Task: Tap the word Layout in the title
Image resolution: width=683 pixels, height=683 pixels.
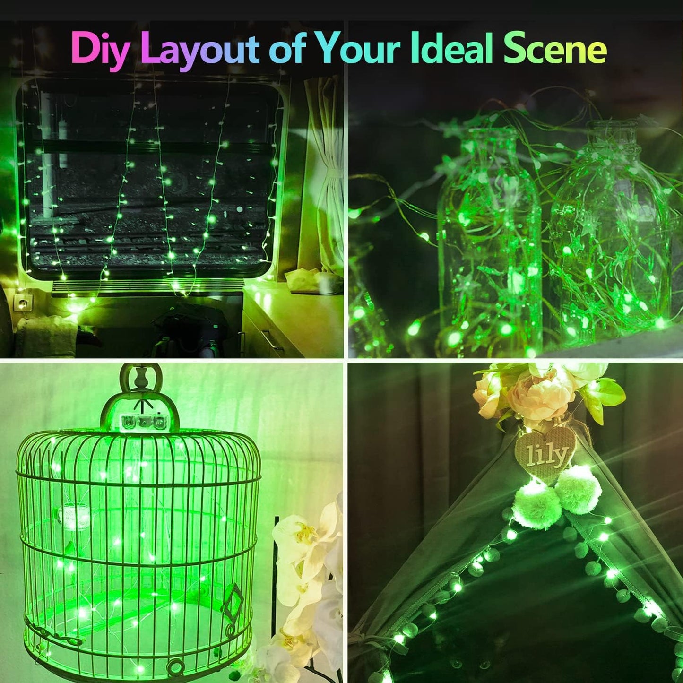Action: (x=200, y=49)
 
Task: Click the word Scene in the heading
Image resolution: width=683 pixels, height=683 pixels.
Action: (x=555, y=49)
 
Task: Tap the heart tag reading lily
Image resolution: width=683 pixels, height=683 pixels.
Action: (x=545, y=454)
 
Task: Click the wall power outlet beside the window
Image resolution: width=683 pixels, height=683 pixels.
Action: (x=23, y=302)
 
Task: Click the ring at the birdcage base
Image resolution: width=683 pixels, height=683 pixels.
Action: (x=176, y=667)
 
